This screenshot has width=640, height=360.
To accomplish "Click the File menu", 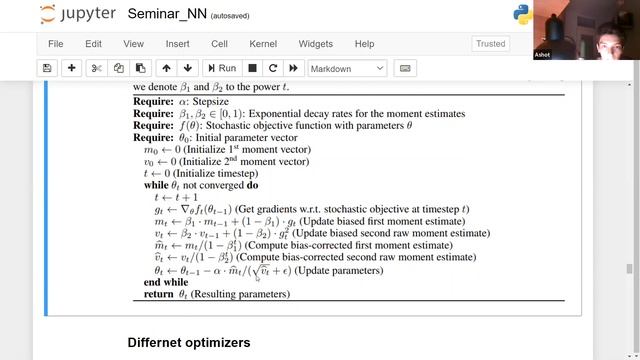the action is point(55,44).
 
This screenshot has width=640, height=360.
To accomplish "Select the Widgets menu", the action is point(315,44).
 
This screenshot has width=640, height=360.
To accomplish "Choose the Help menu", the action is point(364,44).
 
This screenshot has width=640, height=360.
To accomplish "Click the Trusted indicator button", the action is point(491,44).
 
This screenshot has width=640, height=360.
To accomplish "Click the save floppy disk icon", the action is point(47,68).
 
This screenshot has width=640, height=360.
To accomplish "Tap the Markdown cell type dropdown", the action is point(346,68).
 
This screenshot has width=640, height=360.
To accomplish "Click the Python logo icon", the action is point(521,15).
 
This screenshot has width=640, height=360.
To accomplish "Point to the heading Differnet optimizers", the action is point(188,343).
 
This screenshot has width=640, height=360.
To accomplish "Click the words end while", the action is point(166,282).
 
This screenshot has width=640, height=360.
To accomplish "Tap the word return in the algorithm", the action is point(158,294).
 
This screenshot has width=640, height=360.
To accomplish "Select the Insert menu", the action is point(177,44).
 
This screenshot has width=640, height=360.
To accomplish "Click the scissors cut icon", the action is point(96,68).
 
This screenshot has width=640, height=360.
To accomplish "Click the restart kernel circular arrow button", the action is point(272,68).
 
